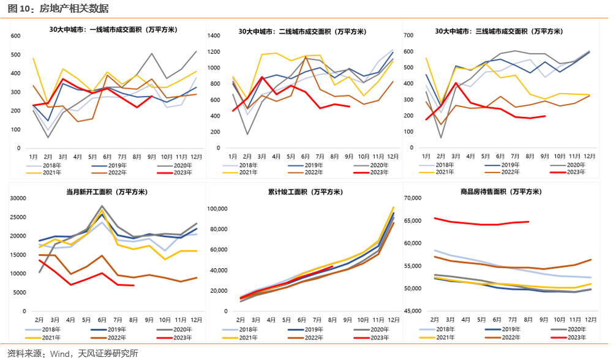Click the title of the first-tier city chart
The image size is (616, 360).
113,29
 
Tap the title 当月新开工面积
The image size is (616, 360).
107,192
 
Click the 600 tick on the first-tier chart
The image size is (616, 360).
16,36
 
